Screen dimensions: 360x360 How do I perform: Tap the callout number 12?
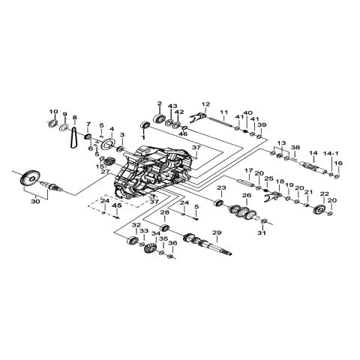pyautogui.click(x=205, y=103)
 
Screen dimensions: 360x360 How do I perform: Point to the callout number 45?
pyautogui.click(x=115, y=206)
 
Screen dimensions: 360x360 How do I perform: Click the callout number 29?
pyautogui.click(x=217, y=234)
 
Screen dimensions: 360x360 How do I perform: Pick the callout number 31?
pyautogui.click(x=261, y=233)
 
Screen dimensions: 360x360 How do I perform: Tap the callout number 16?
pyautogui.click(x=338, y=163)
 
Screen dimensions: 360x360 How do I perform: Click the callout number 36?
pyautogui.click(x=173, y=243)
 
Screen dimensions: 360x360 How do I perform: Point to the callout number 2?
pyautogui.click(x=159, y=103)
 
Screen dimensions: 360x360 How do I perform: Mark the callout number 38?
pyautogui.click(x=295, y=147)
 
